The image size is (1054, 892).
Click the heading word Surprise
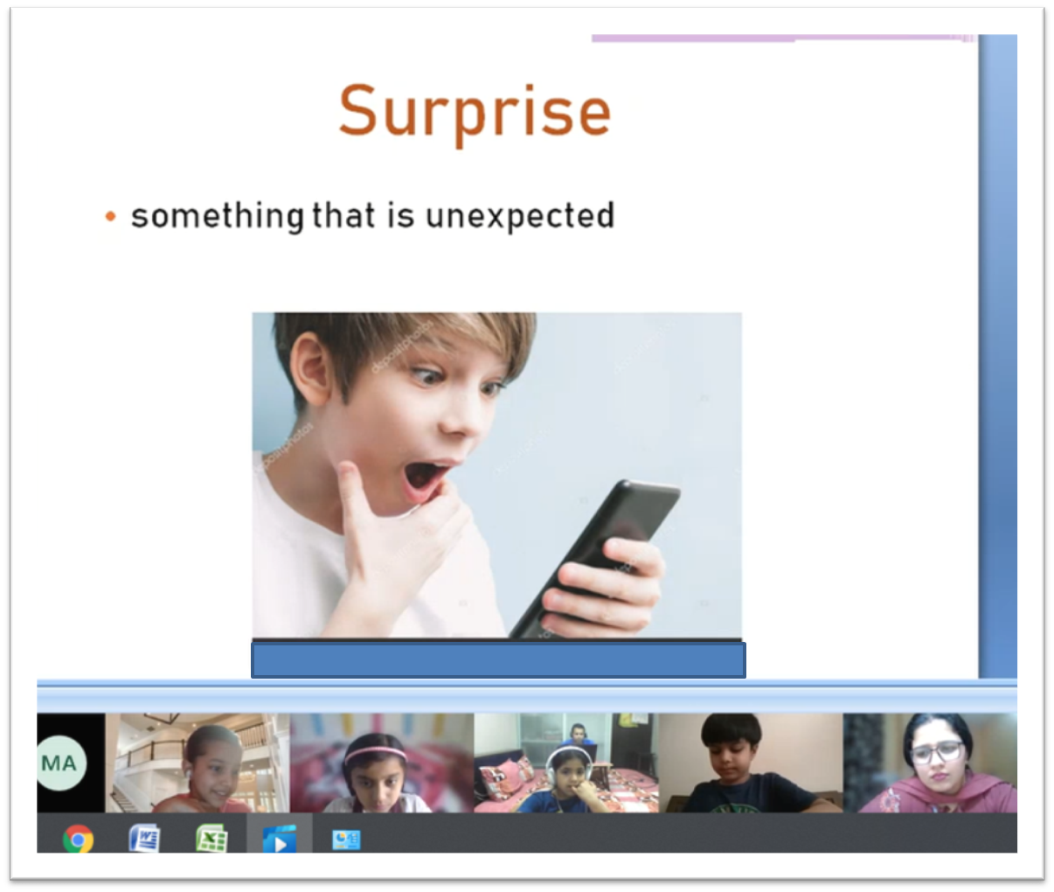[x=475, y=114]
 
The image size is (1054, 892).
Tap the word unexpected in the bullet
[x=520, y=216]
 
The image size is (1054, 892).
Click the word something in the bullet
[x=218, y=216]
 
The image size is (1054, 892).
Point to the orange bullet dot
[x=111, y=216]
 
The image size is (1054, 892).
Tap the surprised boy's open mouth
[x=424, y=480]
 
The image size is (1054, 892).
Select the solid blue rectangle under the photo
[x=498, y=659]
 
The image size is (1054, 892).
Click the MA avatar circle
[x=61, y=763]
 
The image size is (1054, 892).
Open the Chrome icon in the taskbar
[x=78, y=839]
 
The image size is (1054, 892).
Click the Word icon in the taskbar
[x=145, y=838]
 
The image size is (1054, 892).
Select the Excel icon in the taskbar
[x=211, y=838]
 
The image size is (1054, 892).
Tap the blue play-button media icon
[x=279, y=839]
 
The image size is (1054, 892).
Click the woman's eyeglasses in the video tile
[x=937, y=752]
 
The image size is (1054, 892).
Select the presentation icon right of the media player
[x=346, y=840]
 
